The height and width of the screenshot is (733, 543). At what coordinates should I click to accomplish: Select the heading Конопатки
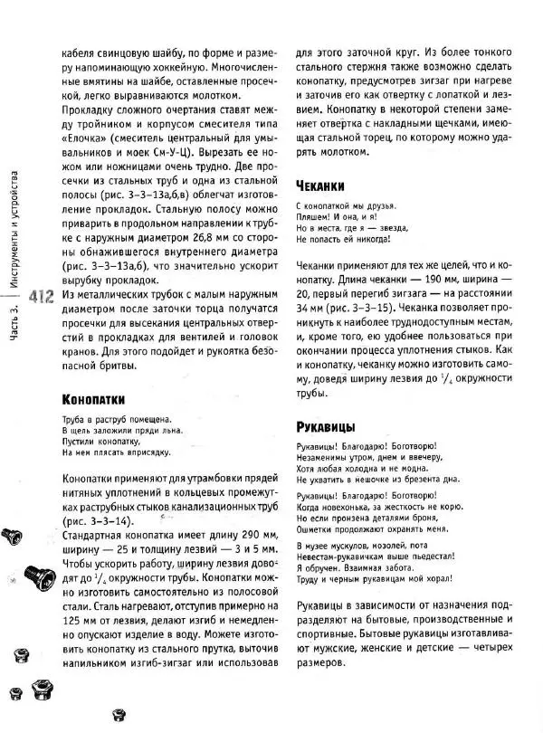pos(99,399)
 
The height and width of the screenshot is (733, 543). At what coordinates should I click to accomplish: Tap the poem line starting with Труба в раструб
pos(111,419)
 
